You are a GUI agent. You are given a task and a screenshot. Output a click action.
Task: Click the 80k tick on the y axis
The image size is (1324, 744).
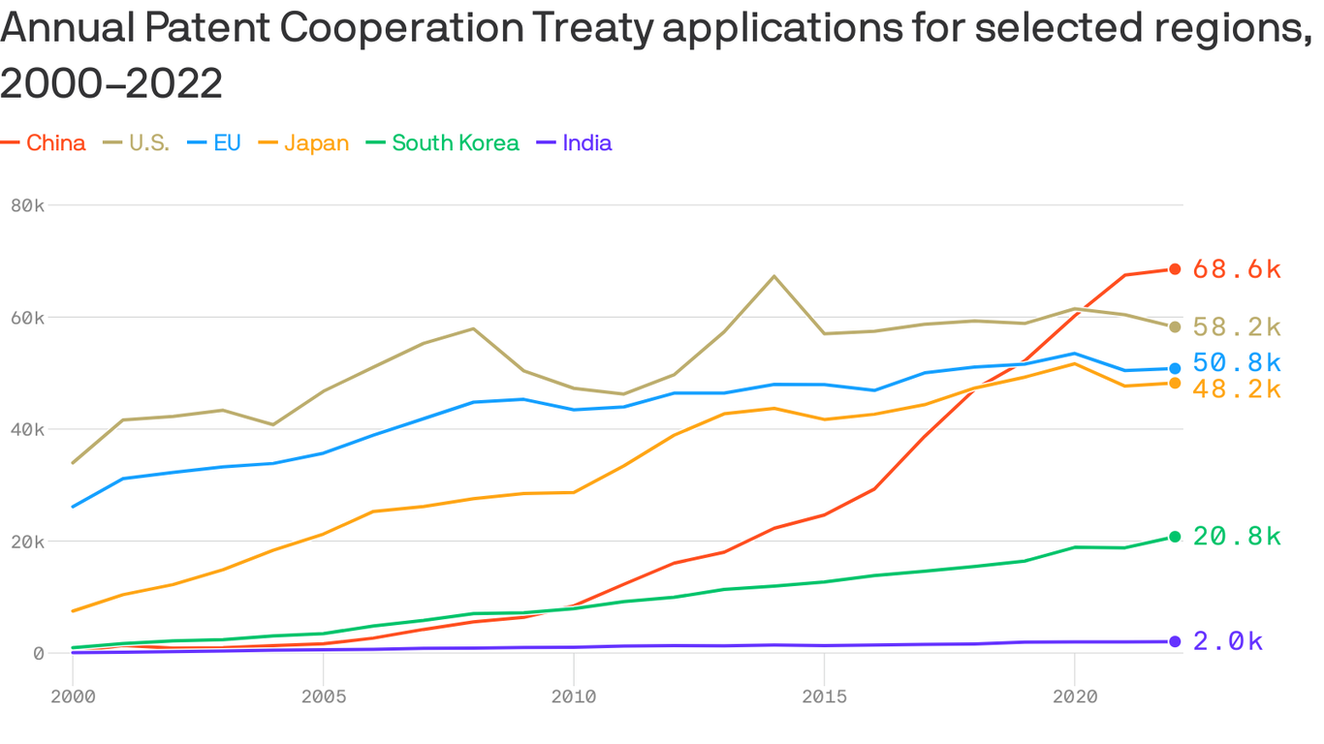[x=27, y=205]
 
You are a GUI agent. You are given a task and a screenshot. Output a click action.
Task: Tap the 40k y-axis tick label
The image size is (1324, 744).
[x=27, y=429]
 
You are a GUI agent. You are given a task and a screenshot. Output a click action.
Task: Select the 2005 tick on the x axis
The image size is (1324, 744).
[x=323, y=696]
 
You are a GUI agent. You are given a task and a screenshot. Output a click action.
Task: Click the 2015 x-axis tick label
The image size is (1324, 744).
[x=824, y=696]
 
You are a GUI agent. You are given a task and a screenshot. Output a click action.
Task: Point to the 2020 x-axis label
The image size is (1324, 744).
[x=1074, y=696]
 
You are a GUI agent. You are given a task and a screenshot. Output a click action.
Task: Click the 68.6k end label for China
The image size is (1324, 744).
[x=1237, y=269]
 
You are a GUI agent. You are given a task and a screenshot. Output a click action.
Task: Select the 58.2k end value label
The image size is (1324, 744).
[x=1237, y=327]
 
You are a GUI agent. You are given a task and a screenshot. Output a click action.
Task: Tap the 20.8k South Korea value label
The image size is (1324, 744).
[x=1237, y=537]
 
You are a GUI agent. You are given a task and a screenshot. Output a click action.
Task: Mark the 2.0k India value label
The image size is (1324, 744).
[x=1228, y=641]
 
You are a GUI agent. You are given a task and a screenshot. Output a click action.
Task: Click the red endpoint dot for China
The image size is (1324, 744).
[x=1175, y=269]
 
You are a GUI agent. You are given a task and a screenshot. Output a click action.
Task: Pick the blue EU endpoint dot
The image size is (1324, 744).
[x=1175, y=368]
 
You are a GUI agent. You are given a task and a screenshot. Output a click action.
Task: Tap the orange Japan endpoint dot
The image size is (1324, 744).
[x=1175, y=384]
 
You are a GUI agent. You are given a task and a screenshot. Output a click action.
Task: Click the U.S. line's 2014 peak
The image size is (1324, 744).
[x=773, y=276]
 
